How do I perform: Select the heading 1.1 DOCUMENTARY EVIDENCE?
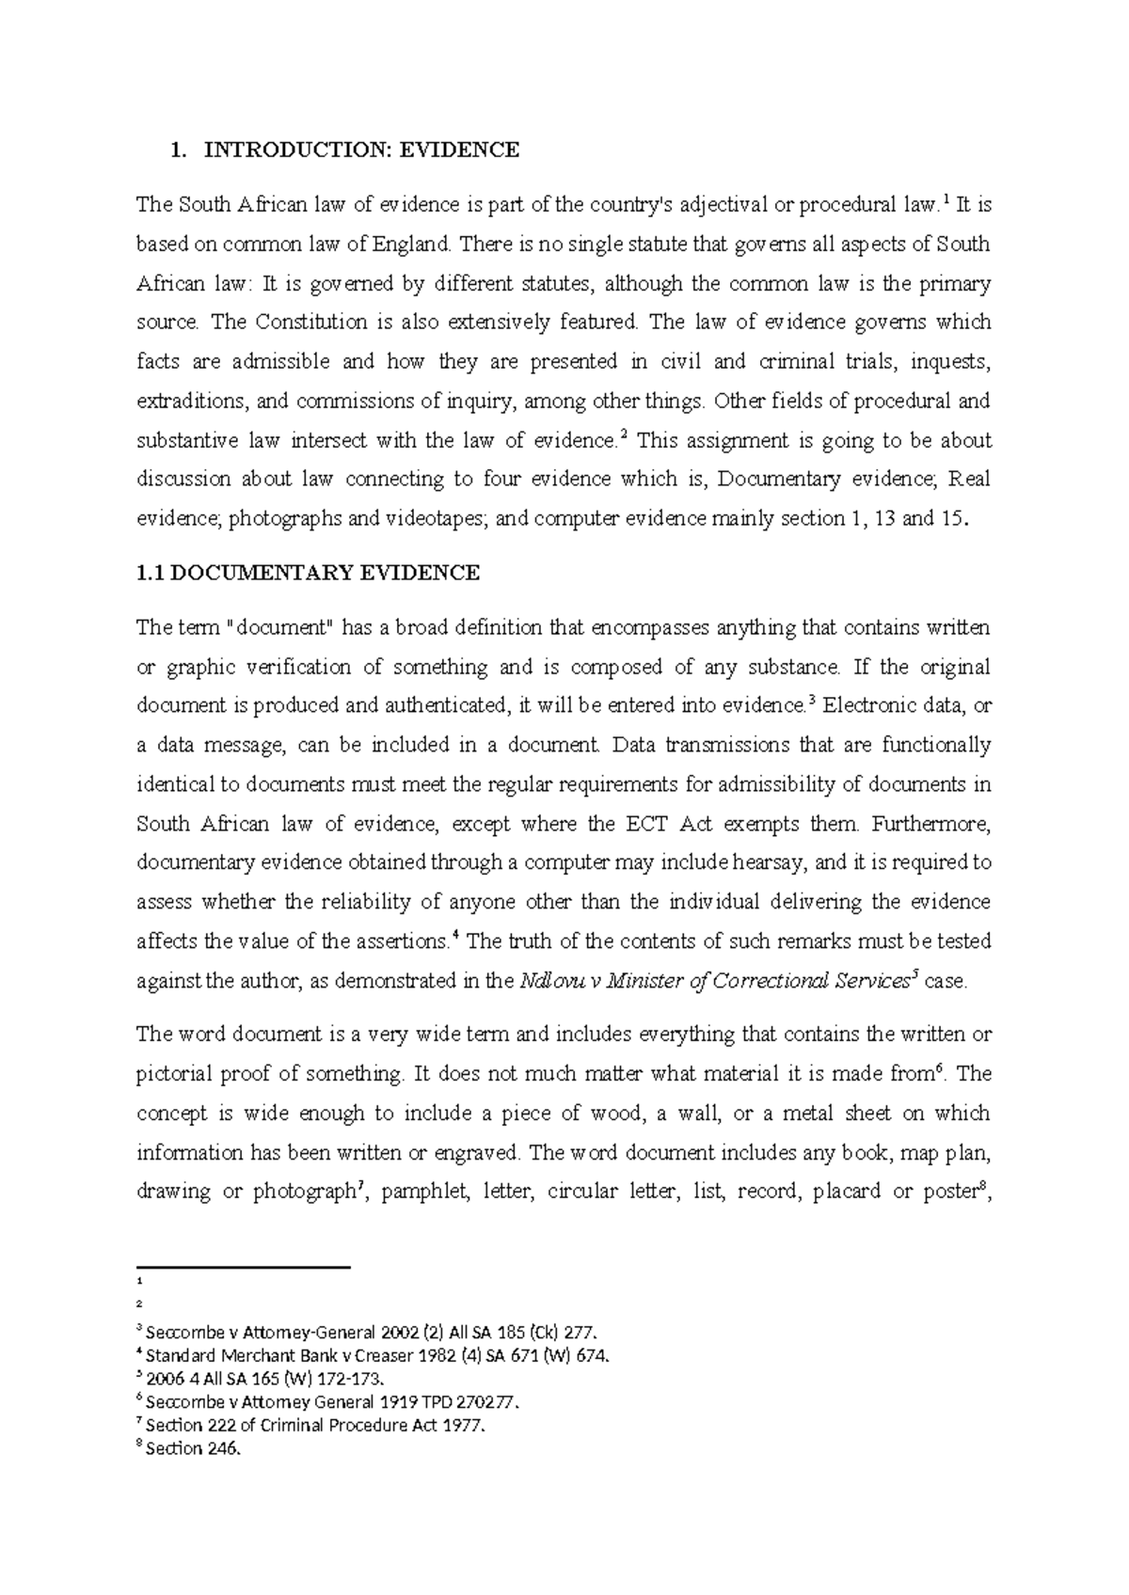point(308,574)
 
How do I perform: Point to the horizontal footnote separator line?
point(243,1268)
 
